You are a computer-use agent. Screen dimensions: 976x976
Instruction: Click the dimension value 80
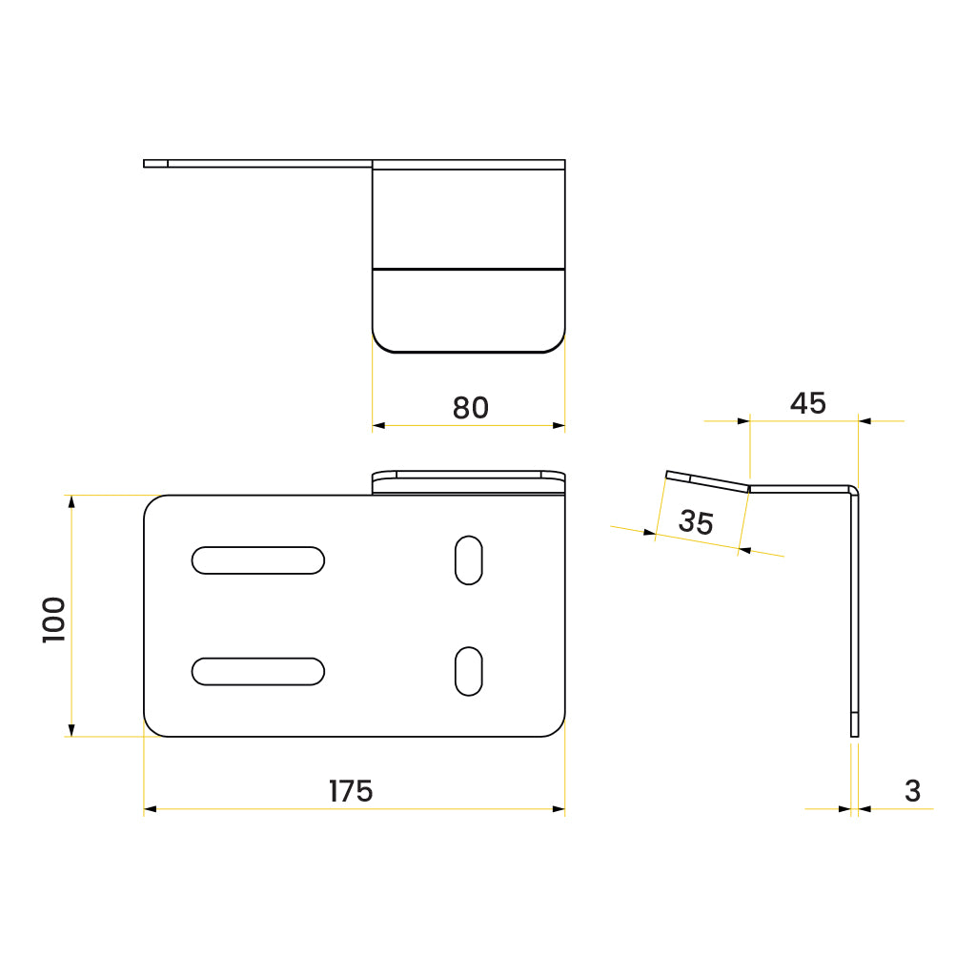[470, 408]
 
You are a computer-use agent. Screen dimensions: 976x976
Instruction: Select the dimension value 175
[351, 791]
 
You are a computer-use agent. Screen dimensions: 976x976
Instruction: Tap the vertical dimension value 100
[54, 620]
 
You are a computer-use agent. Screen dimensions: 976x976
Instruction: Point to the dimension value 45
[807, 404]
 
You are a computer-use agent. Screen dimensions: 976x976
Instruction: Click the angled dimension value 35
[697, 522]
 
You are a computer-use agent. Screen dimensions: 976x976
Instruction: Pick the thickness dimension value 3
[912, 791]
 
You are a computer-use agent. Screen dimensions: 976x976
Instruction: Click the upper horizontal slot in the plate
[258, 560]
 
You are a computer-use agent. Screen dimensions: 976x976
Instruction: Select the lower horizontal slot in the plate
[258, 671]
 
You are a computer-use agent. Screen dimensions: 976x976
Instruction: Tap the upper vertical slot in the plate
[468, 560]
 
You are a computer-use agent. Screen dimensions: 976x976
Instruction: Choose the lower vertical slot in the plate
[468, 671]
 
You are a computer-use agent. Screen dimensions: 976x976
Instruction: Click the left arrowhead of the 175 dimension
[150, 809]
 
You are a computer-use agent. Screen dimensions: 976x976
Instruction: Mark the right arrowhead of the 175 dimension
[559, 809]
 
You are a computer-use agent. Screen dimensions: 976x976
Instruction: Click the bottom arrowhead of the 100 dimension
[71, 730]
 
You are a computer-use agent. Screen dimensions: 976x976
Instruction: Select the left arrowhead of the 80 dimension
[378, 425]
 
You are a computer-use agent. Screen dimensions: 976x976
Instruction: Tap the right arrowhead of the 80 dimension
[559, 425]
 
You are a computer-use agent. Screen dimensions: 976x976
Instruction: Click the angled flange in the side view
[707, 481]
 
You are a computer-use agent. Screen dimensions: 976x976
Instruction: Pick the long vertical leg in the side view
[854, 610]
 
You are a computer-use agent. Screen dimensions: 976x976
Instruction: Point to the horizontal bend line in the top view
[468, 268]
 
